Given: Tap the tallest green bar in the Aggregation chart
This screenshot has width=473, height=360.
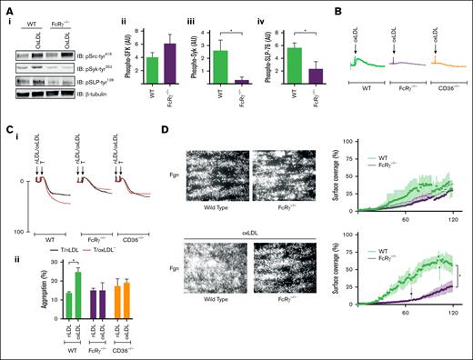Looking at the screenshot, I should tap(53, 293).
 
